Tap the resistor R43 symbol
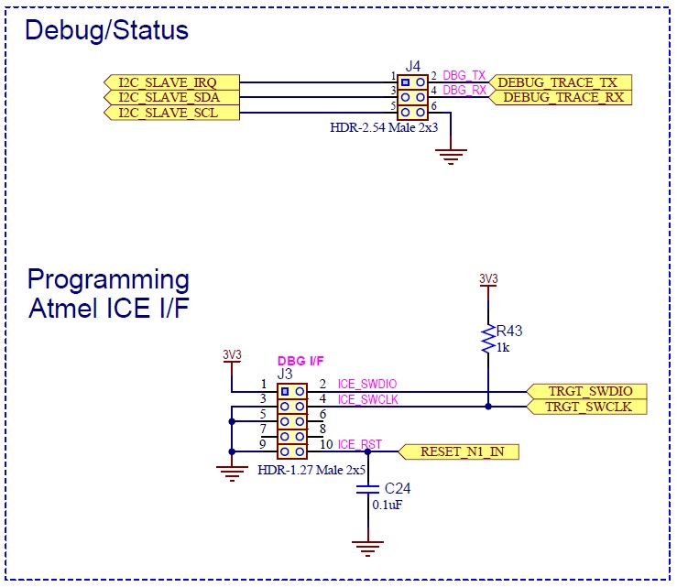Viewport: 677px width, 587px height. pyautogui.click(x=488, y=340)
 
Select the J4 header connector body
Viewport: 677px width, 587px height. pyautogui.click(x=412, y=97)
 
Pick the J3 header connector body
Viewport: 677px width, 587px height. pyautogui.click(x=292, y=421)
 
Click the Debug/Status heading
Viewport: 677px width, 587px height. pyautogui.click(x=106, y=30)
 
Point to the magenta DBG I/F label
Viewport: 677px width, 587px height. pyautogui.click(x=300, y=362)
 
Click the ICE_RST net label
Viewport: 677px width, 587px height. pyautogui.click(x=358, y=445)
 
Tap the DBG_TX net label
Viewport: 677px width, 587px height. pyautogui.click(x=464, y=76)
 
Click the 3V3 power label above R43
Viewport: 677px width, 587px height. pyautogui.click(x=488, y=278)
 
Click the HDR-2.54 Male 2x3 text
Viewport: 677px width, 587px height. pyautogui.click(x=384, y=128)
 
